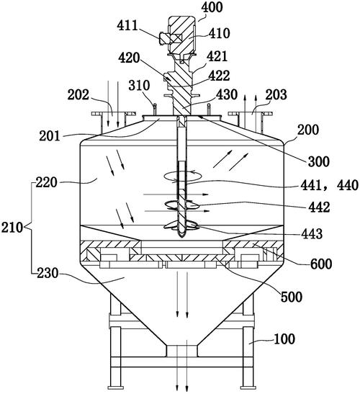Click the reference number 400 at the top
coord(212,7)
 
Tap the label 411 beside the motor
coord(127,25)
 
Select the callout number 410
coord(220,33)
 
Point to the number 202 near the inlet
coord(78,95)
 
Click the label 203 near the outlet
coord(276,95)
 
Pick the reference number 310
coord(139,86)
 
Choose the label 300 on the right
coord(318,161)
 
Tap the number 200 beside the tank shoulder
coord(308,130)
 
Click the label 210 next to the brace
coord(12,228)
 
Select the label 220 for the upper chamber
coord(47,182)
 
